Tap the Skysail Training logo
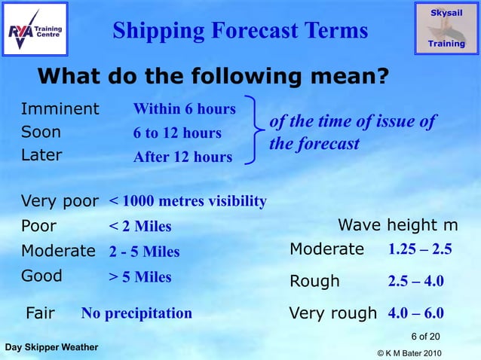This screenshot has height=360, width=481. click(446, 28)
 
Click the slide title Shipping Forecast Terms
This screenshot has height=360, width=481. click(240, 30)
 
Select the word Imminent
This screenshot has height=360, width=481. click(60, 108)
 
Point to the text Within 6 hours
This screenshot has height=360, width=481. click(185, 109)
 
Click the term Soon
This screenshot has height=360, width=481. click(41, 133)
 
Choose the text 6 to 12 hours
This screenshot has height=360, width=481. click(177, 133)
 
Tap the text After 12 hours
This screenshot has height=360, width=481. click(182, 157)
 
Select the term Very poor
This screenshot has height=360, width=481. click(60, 201)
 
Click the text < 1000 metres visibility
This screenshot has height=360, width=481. click(188, 201)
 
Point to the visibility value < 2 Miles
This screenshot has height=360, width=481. click(140, 227)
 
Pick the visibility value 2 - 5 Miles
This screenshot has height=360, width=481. click(144, 252)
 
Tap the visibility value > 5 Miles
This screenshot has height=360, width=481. click(140, 276)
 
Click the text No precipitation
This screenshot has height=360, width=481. click(136, 313)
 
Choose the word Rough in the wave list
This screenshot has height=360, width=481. click(314, 282)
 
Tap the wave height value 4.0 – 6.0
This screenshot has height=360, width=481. click(415, 313)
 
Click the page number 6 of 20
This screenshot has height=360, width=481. click(425, 335)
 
